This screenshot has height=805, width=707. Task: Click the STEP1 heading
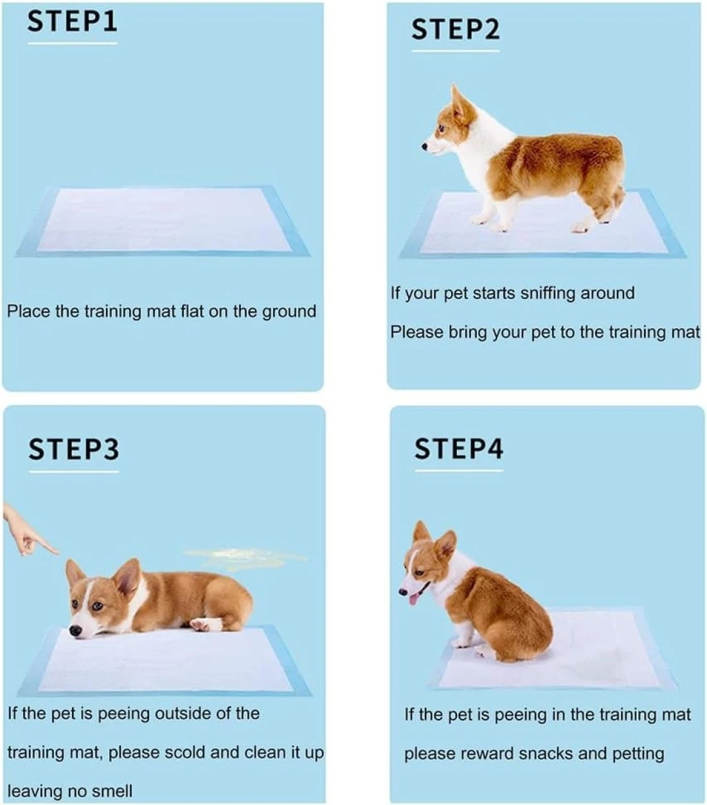72,21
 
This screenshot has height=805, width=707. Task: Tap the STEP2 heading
456,30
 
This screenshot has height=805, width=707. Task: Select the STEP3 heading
73,449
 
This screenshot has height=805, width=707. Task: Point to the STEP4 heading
459,449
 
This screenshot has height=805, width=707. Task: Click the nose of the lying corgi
75,631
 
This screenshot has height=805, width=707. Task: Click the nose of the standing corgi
424,147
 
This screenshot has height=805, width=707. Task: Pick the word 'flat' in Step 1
193,311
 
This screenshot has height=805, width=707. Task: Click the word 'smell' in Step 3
112,791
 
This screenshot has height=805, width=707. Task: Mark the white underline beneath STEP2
456,51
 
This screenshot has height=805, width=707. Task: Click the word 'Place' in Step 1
28,311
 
